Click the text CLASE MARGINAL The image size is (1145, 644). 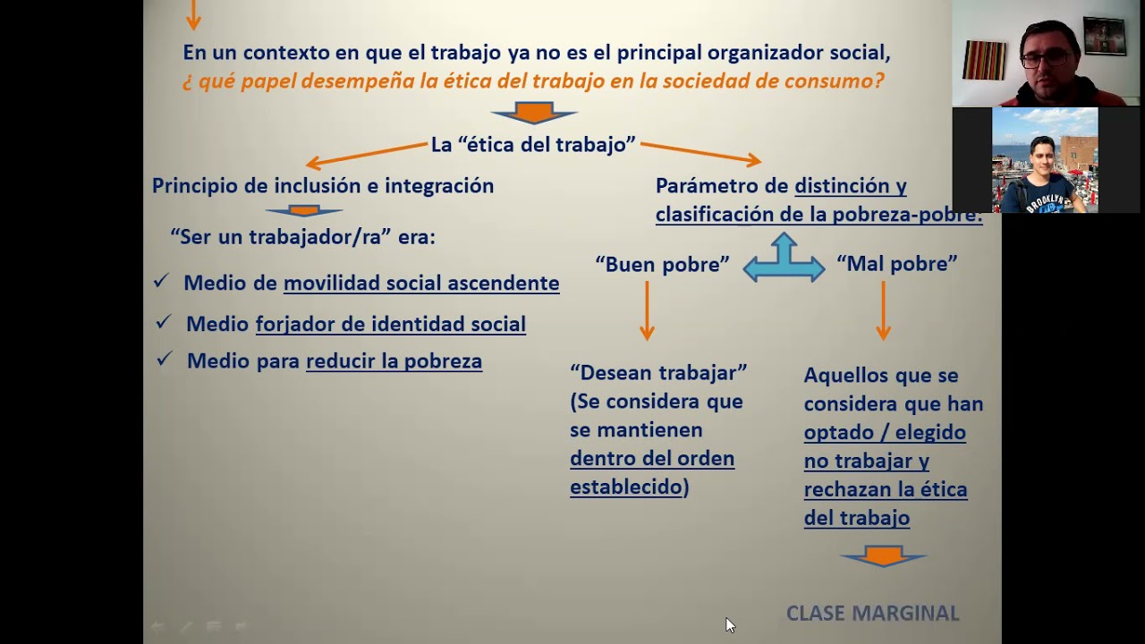(872, 613)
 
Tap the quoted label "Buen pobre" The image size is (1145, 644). (662, 264)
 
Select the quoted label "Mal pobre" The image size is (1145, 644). (896, 264)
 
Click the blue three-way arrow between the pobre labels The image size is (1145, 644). (784, 260)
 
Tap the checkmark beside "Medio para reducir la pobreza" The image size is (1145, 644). (164, 359)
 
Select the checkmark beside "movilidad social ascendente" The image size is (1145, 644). (161, 281)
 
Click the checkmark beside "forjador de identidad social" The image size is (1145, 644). (163, 321)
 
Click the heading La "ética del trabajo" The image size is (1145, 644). (533, 145)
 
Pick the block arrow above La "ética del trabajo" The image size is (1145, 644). (534, 113)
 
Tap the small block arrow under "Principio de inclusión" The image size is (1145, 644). (304, 211)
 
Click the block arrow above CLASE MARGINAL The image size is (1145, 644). (883, 556)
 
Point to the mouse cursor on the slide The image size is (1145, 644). (730, 625)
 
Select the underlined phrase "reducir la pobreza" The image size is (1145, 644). (394, 361)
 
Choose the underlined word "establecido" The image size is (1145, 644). (626, 487)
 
